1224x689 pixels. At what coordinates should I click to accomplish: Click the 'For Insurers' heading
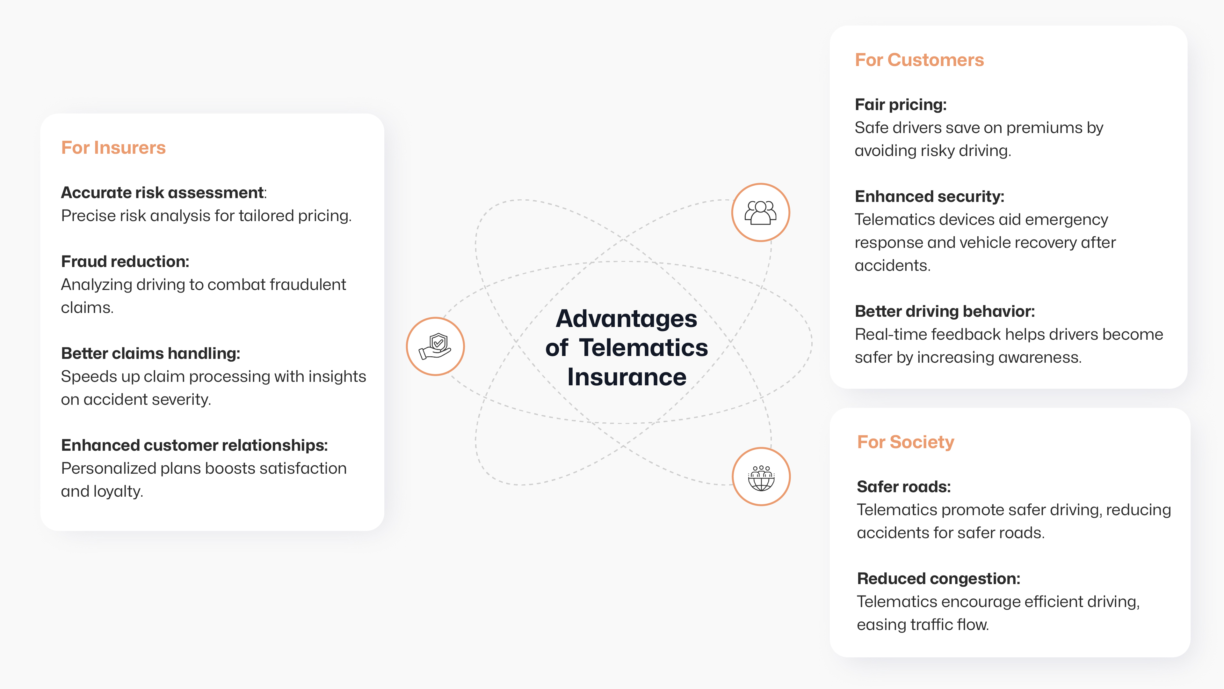tap(113, 148)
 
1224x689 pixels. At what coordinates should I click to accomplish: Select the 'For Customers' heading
tap(919, 60)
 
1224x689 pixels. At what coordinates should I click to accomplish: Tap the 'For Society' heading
tap(905, 442)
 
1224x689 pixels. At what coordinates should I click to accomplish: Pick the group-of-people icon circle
tap(760, 212)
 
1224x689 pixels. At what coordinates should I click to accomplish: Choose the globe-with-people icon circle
tap(761, 477)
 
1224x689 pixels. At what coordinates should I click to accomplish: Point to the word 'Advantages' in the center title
tap(626, 319)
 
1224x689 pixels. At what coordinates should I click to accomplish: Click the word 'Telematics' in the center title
tap(643, 348)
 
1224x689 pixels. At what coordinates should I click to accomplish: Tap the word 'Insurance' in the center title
tap(627, 377)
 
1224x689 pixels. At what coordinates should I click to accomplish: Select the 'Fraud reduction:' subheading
tap(125, 262)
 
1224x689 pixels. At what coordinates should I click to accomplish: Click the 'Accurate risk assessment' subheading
tap(163, 193)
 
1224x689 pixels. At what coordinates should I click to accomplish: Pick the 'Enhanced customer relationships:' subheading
tap(194, 445)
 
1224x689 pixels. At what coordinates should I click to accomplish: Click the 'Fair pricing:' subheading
tap(901, 105)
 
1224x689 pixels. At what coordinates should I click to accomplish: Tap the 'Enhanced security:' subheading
tap(930, 196)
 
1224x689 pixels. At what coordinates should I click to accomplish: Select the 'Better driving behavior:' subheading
tap(945, 311)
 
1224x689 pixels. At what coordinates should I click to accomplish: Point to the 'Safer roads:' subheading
tap(904, 487)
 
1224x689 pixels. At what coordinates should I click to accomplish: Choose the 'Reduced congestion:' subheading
tap(938, 579)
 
